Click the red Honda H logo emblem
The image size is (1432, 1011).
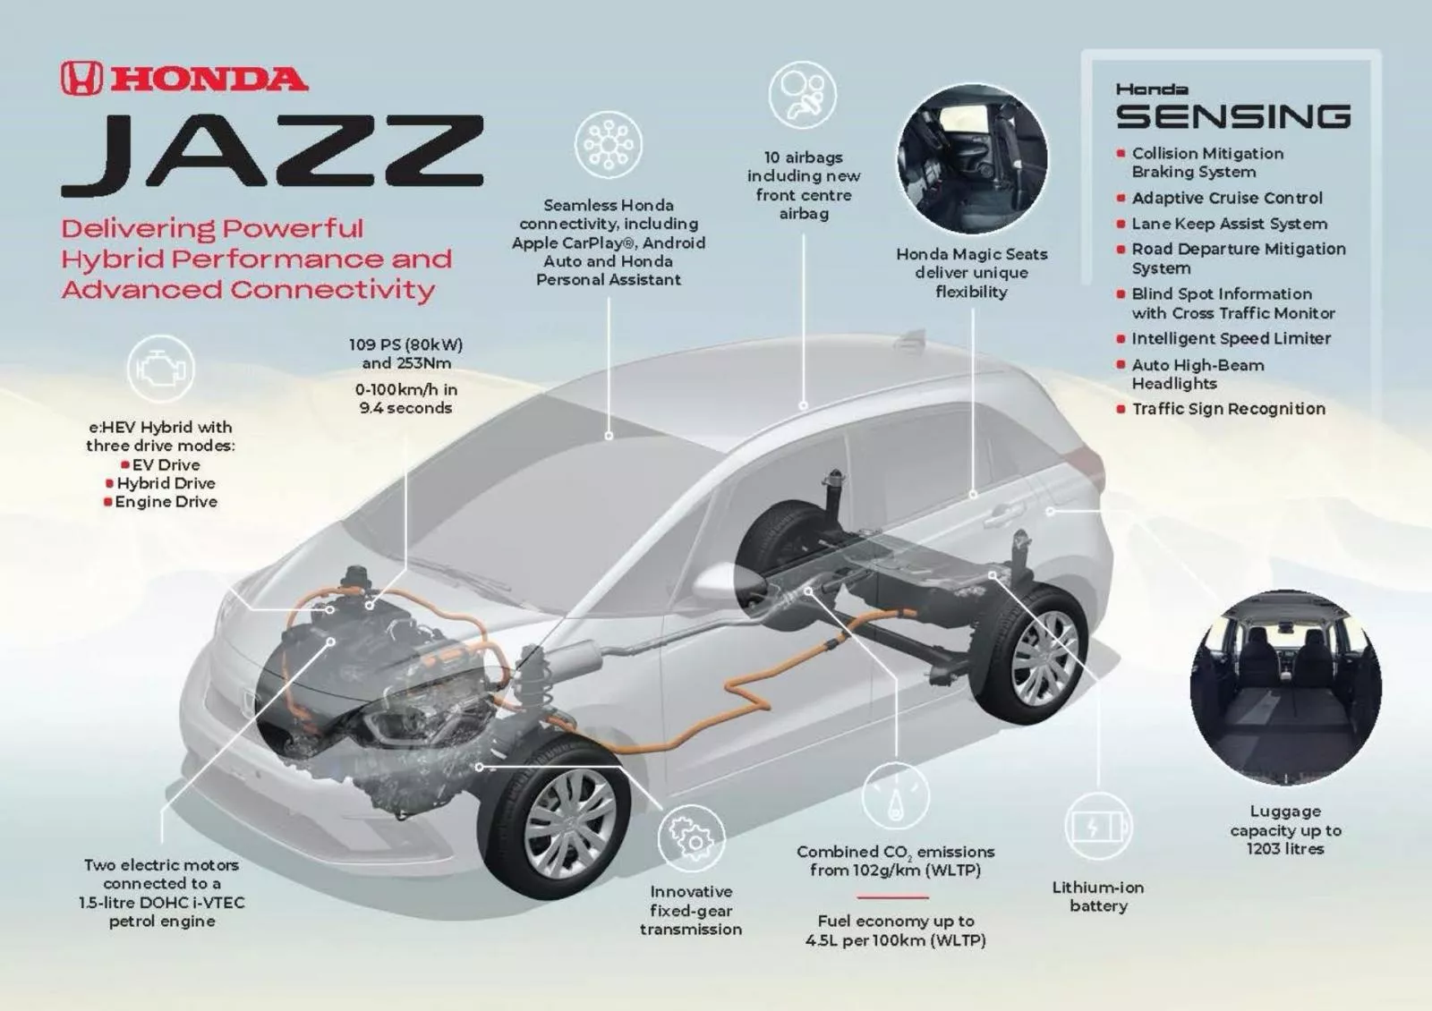(x=81, y=79)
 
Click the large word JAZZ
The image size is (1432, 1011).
(x=273, y=154)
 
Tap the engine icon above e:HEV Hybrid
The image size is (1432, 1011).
(x=160, y=368)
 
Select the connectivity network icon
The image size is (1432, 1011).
(x=609, y=144)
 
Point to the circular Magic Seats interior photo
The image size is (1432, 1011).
(x=972, y=160)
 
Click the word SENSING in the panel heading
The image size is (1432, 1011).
(x=1233, y=116)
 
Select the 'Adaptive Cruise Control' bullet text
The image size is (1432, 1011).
(x=1226, y=198)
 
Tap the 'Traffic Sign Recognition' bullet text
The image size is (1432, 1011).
(x=1228, y=409)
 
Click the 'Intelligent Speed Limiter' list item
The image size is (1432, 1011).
(x=1231, y=338)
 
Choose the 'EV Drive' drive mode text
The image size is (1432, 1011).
(x=166, y=464)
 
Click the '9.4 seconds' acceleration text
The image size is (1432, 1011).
(x=405, y=408)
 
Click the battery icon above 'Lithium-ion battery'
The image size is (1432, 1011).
(x=1098, y=826)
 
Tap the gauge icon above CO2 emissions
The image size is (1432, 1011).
(x=895, y=795)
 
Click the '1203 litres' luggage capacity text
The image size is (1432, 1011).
(x=1284, y=848)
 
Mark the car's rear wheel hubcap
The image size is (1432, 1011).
(x=1044, y=657)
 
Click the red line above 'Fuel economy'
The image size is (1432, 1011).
(x=892, y=896)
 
